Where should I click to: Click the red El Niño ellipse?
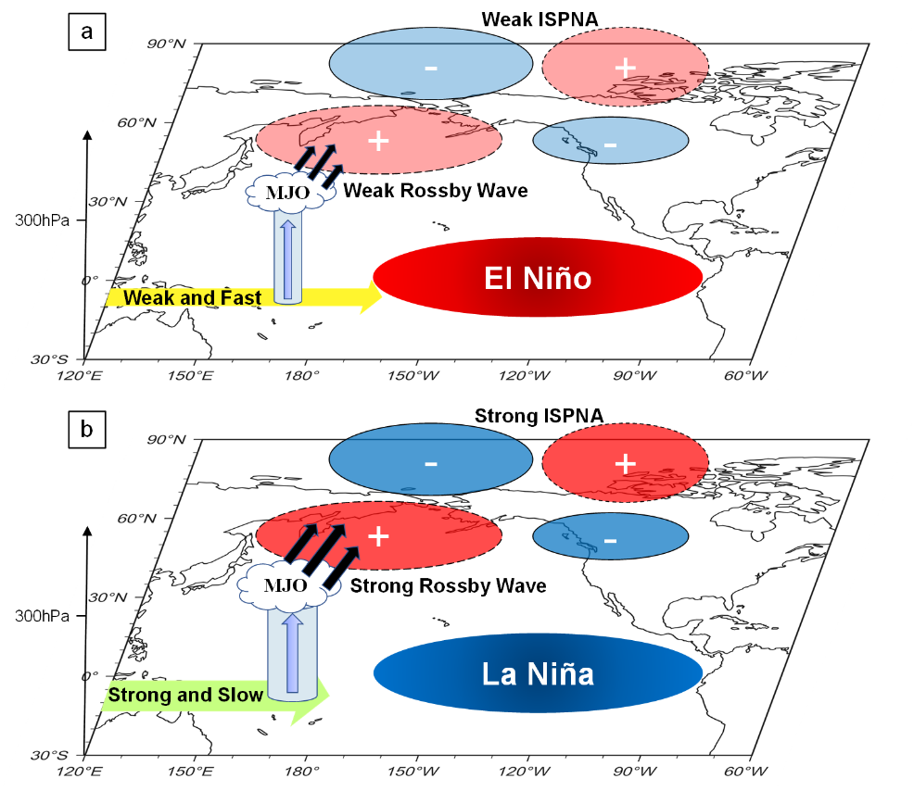coord(538,278)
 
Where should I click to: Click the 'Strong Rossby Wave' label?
coord(447,586)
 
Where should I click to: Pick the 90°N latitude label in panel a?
coord(168,43)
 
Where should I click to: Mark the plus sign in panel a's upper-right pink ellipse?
coord(626,67)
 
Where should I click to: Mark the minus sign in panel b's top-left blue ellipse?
coord(431,461)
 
